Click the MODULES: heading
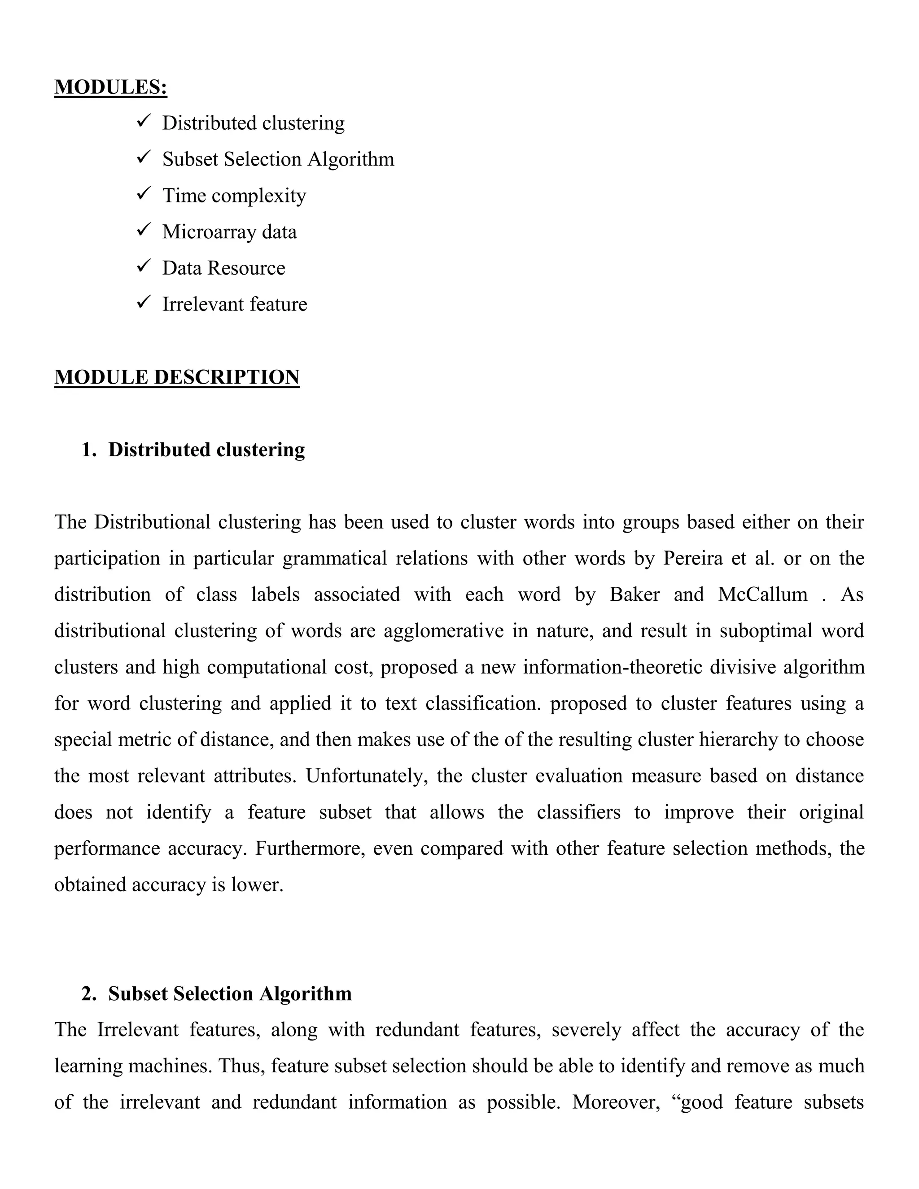click(110, 87)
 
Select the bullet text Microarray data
click(229, 232)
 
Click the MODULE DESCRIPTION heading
click(177, 377)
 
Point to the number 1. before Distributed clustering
click(89, 450)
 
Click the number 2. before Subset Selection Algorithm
click(89, 993)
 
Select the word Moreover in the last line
click(616, 1102)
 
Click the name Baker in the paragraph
click(634, 594)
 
